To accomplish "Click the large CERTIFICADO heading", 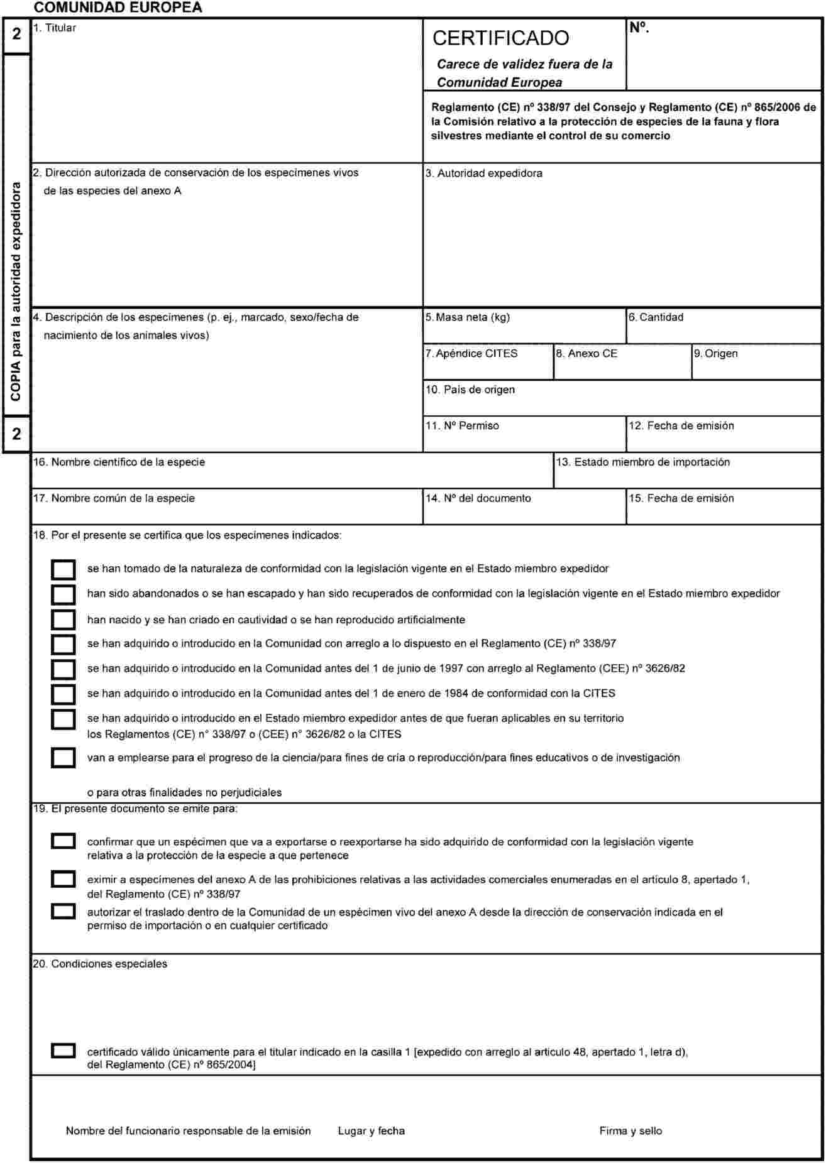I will tap(500, 38).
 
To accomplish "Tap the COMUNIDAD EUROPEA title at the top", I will tap(118, 8).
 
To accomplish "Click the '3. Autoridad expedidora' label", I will tap(483, 173).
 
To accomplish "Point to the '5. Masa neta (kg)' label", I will tap(468, 317).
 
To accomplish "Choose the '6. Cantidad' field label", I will tap(656, 317).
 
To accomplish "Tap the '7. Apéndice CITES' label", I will tap(471, 354).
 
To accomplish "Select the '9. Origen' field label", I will tap(716, 354).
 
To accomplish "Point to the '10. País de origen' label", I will tap(470, 390).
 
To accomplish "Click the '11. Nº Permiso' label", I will tap(463, 426).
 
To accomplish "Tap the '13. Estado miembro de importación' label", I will tap(643, 462).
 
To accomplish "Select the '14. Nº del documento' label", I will tap(478, 498).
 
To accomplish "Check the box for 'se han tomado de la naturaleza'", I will tap(63, 569).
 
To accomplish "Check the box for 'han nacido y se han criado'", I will tap(63, 620).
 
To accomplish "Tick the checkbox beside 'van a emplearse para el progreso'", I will tap(63, 758).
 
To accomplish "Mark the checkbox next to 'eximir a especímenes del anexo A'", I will tap(63, 879).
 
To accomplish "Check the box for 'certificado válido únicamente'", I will tap(63, 1051).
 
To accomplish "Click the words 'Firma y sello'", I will tap(631, 1131).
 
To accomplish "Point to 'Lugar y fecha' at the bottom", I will tap(372, 1131).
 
